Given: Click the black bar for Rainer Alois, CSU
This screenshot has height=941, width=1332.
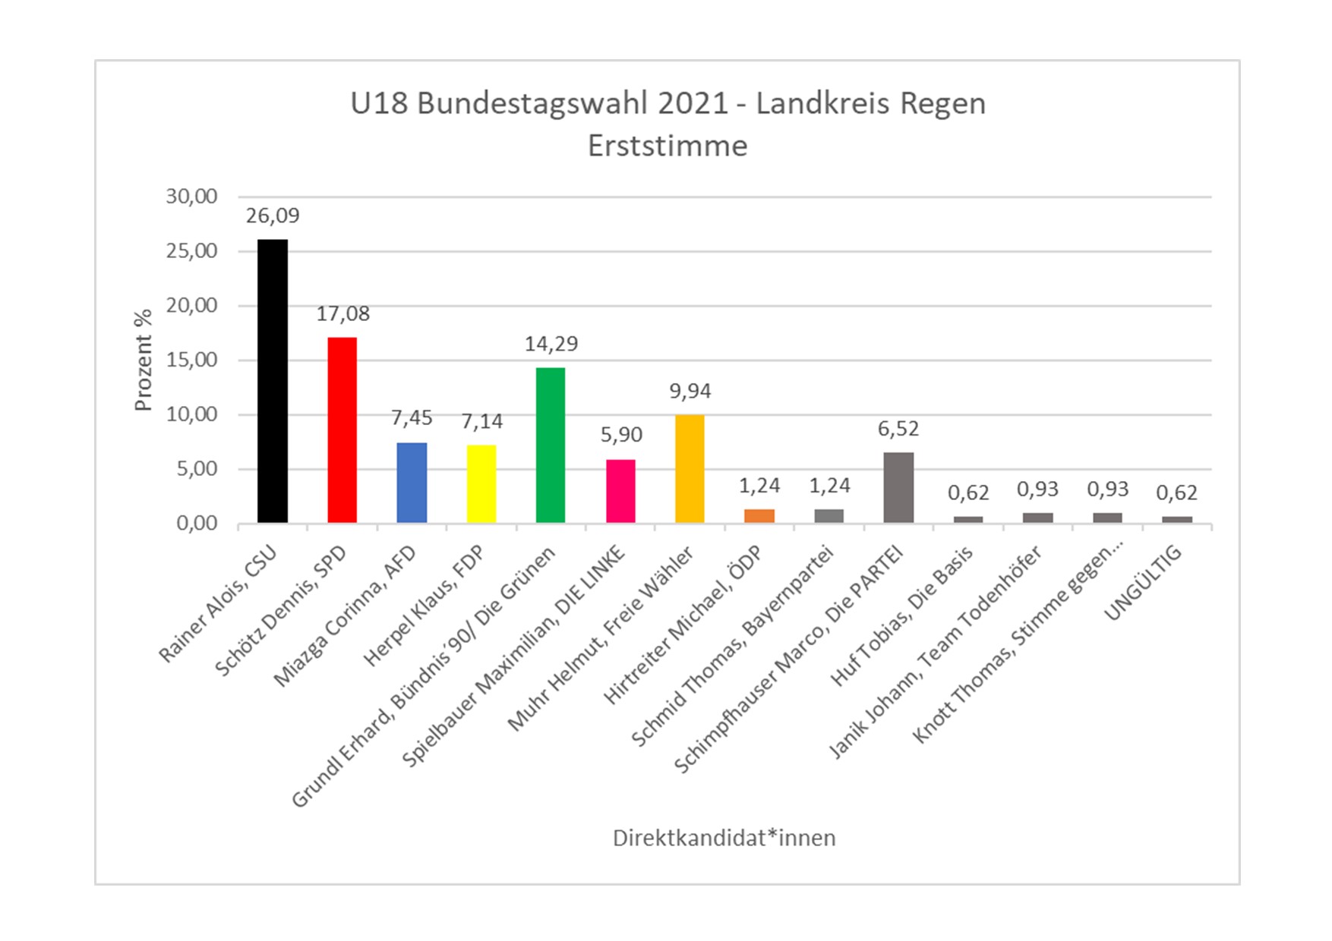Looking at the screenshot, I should point(273,381).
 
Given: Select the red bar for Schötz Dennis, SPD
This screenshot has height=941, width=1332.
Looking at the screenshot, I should point(342,430).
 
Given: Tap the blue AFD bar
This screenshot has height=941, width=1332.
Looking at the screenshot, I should point(412,483).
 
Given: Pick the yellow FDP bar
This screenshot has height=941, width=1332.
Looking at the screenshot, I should point(481,484).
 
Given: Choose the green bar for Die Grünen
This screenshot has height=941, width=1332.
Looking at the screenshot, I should point(551,445).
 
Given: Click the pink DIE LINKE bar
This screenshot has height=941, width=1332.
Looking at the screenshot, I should point(620,491).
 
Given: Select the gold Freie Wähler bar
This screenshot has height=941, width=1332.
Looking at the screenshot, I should point(690,469).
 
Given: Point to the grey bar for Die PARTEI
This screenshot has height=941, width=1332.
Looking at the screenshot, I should point(898,488).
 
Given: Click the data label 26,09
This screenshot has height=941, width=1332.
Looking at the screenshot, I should point(273,216).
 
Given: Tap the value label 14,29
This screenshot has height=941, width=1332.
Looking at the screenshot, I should point(551,345).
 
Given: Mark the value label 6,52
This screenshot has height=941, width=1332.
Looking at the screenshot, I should point(898,430).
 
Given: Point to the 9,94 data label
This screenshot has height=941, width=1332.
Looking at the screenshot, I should point(690,392).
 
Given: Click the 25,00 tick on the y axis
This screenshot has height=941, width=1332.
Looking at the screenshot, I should point(191,251).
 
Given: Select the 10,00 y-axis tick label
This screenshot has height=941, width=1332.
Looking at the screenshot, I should point(191,414).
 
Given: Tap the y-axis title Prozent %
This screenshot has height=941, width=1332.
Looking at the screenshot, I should point(144,360).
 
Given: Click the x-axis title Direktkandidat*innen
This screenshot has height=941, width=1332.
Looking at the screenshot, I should point(724,839).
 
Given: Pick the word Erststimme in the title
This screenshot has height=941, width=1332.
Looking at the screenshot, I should point(668,146).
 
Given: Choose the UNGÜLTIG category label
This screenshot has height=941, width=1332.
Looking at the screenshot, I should point(1144,583).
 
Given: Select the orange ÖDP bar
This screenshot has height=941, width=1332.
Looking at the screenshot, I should point(759,516).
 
